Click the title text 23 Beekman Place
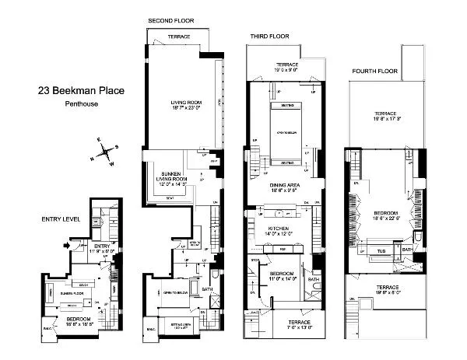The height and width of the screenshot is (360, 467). point(81,90)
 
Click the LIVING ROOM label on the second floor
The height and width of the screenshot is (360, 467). point(187,107)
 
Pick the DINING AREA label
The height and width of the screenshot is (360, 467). point(285,185)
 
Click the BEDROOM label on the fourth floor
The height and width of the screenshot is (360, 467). point(385,215)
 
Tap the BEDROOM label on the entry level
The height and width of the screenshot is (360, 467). point(80,317)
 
